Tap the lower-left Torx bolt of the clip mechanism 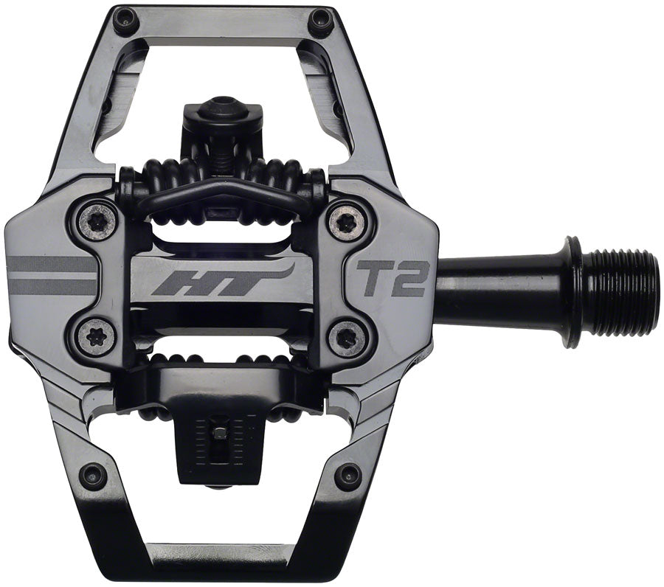(97, 336)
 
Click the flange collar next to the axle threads (574, 291)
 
